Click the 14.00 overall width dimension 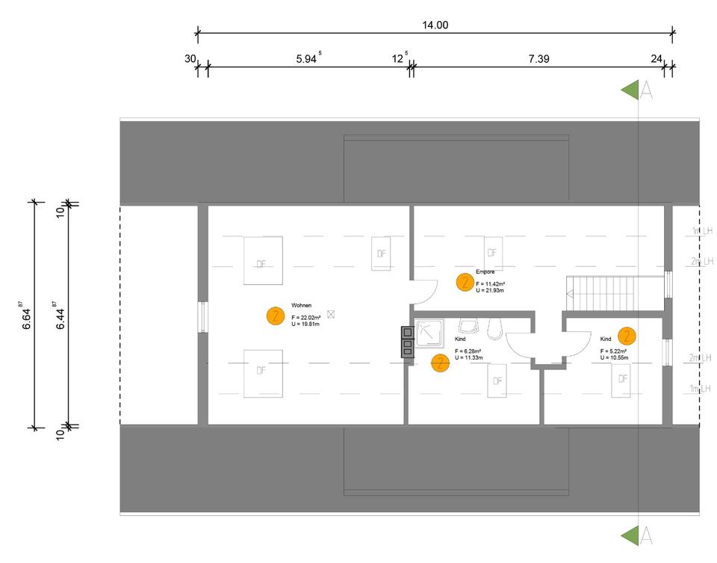(435, 25)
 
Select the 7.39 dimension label (538, 59)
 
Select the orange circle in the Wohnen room (275, 316)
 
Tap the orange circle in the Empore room (465, 282)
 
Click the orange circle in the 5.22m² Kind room (627, 336)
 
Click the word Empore (485, 272)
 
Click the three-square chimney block (407, 342)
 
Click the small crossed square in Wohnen (331, 315)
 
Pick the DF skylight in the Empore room (492, 253)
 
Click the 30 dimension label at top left (190, 59)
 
